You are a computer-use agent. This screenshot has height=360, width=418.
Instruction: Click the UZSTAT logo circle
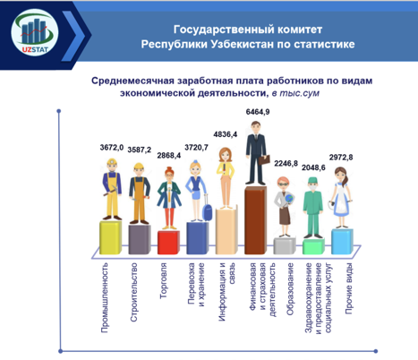tap(35, 32)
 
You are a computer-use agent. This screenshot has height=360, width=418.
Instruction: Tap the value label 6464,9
tap(258, 112)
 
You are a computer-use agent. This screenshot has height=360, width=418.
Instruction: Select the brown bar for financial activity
tap(255, 220)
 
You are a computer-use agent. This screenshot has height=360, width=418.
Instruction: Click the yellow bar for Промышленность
tap(110, 238)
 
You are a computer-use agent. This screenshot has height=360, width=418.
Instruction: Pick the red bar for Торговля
tap(168, 243)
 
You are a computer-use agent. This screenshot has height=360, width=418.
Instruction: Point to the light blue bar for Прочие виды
tap(342, 242)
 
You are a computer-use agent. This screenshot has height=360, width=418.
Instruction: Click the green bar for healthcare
tap(313, 246)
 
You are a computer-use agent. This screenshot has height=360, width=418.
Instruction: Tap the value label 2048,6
tap(313, 167)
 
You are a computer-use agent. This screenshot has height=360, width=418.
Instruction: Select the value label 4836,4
tap(226, 134)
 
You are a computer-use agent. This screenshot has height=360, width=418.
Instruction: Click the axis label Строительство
tap(134, 292)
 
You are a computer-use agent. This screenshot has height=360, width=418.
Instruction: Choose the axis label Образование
tap(290, 289)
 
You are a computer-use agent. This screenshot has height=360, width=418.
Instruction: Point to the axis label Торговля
tap(163, 281)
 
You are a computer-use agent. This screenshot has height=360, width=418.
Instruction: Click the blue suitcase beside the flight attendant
tap(207, 210)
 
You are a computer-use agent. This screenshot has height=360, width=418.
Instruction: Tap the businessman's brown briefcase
tap(264, 160)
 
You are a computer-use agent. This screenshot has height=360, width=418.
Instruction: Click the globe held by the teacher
tap(289, 199)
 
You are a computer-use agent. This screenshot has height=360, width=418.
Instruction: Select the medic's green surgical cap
tap(312, 180)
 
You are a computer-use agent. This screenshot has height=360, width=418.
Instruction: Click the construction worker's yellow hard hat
tap(139, 167)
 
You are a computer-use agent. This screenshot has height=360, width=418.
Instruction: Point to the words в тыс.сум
tap(295, 93)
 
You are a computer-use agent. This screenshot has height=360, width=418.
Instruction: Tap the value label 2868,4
tap(169, 156)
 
